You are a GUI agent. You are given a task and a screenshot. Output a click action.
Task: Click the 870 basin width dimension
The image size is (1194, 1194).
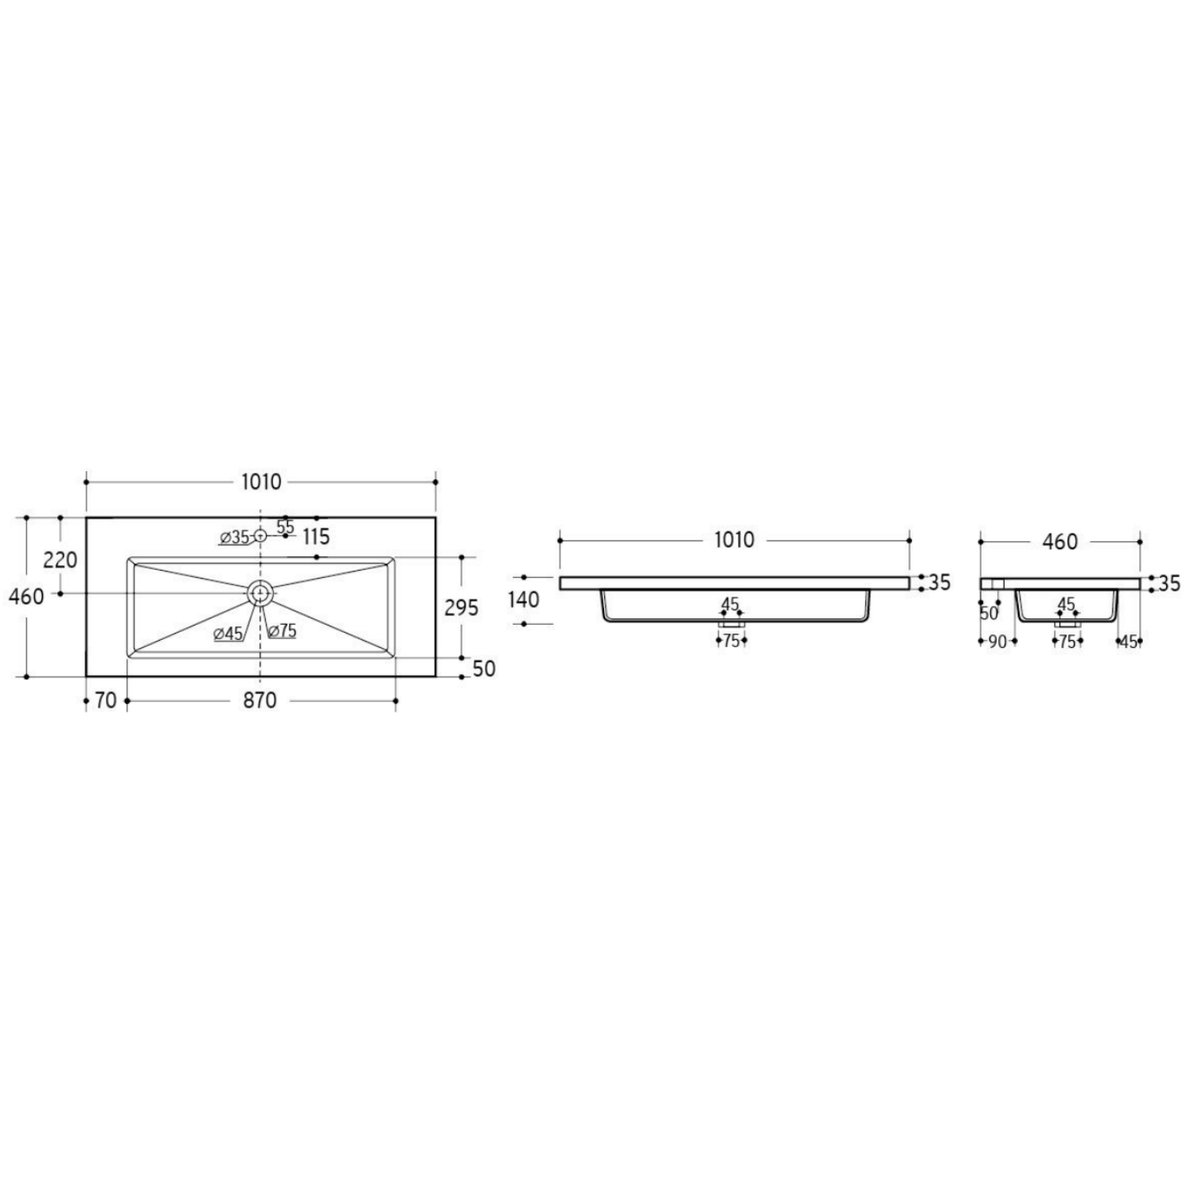click(259, 700)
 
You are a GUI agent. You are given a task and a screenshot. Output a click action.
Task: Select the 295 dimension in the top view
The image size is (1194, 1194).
click(461, 608)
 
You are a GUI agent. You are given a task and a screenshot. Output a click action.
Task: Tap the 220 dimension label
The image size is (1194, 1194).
click(60, 560)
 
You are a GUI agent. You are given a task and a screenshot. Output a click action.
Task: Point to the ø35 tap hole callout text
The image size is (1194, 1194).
click(235, 537)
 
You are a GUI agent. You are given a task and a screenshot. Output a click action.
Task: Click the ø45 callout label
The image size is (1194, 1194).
click(228, 634)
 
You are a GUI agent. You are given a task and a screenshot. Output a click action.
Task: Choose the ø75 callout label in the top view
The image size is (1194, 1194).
click(283, 631)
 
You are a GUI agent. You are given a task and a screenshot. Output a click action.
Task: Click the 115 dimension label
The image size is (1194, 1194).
click(316, 537)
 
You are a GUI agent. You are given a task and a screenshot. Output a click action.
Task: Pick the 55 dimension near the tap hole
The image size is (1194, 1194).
click(285, 526)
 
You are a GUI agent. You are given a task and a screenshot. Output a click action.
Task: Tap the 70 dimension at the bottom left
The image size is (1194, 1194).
click(106, 700)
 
